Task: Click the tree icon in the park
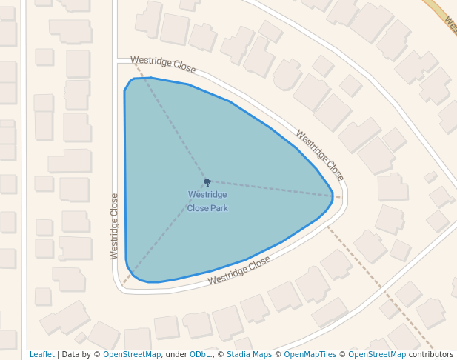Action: pyautogui.click(x=207, y=181)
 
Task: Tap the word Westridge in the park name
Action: pyautogui.click(x=207, y=195)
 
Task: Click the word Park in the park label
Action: pyautogui.click(x=218, y=208)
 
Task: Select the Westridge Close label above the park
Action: pyautogui.click(x=163, y=64)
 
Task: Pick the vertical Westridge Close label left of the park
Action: pyautogui.click(x=114, y=226)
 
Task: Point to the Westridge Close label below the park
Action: pyautogui.click(x=239, y=271)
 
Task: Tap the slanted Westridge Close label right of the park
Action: pyautogui.click(x=320, y=156)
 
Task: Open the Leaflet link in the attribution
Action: pyautogui.click(x=42, y=355)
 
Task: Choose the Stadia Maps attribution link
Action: pyautogui.click(x=249, y=355)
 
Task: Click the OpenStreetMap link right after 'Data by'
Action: pyautogui.click(x=132, y=355)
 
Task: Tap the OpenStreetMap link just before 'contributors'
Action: pyautogui.click(x=377, y=355)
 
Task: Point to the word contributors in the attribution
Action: pyautogui.click(x=431, y=355)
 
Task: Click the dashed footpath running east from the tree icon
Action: pyautogui.click(x=274, y=189)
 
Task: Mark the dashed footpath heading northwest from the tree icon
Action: pyautogui.click(x=169, y=127)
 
